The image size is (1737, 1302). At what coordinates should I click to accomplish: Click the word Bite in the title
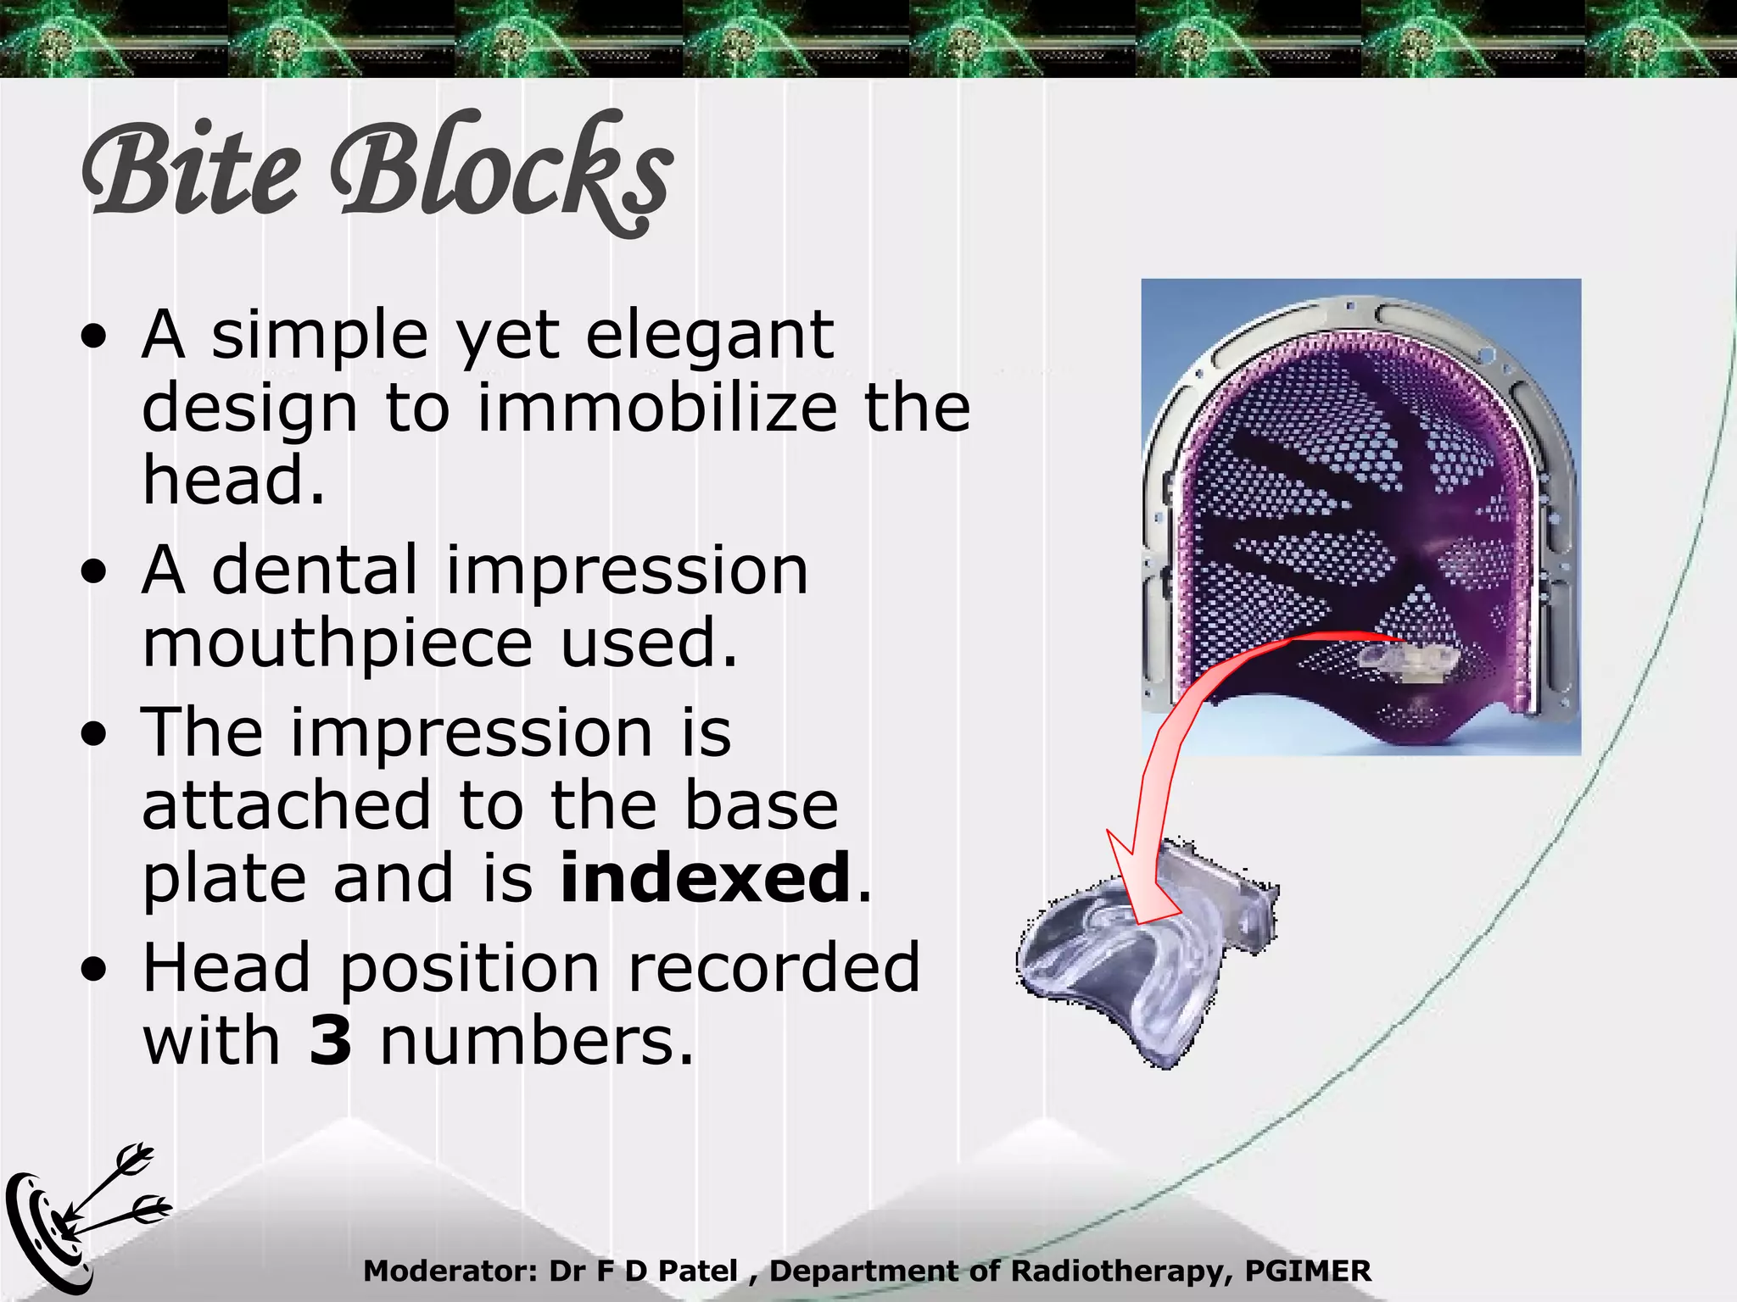tap(192, 170)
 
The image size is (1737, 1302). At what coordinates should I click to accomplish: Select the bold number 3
tap(331, 1040)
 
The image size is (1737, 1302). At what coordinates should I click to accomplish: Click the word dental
tap(315, 570)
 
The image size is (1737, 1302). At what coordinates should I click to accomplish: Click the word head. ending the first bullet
tap(233, 481)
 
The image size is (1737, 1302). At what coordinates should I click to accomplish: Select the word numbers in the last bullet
tap(536, 1040)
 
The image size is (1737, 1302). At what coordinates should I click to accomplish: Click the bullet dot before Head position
tap(95, 968)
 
